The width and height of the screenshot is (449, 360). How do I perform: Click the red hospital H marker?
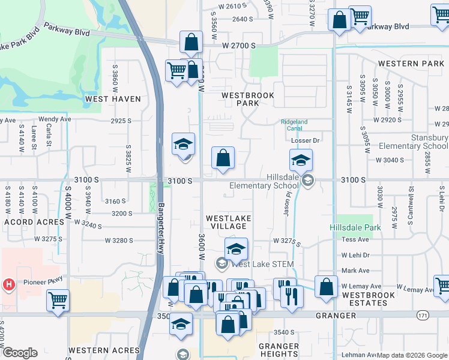point(9,284)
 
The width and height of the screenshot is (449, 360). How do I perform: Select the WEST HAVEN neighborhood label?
point(113,99)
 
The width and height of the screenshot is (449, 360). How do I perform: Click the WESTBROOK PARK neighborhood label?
point(247,99)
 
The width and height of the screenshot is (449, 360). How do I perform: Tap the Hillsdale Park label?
point(355,228)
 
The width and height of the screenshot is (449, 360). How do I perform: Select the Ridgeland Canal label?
point(294,125)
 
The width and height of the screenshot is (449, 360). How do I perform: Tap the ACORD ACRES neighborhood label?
point(34,222)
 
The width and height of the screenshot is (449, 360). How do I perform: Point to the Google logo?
point(20,353)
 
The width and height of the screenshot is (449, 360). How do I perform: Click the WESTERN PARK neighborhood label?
point(411,64)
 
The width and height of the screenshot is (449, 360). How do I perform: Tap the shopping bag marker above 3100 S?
point(223,159)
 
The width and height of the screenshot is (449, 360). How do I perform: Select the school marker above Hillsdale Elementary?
point(301,160)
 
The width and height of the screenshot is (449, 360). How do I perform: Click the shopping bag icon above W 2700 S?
point(191,43)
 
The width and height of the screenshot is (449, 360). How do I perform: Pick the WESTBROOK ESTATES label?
point(368,299)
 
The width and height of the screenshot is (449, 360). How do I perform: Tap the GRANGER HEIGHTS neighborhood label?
point(279,350)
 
